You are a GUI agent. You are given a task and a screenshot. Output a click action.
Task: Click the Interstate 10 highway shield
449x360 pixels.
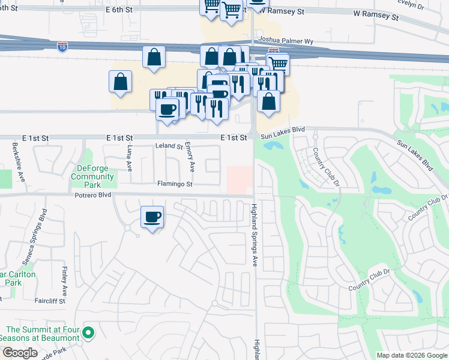[62, 47]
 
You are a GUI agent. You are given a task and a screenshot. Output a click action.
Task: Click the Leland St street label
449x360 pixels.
[169, 146]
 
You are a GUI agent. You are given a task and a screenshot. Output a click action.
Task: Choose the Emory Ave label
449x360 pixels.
[189, 155]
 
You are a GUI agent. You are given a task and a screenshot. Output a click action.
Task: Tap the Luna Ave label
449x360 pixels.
[129, 158]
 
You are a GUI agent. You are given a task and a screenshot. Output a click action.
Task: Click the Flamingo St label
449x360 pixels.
[175, 184]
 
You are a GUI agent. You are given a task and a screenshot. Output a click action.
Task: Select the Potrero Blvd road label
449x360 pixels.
[93, 196]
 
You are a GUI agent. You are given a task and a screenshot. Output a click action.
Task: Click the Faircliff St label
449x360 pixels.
[50, 300]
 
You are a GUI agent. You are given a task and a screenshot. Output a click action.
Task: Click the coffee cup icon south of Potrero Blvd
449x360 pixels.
[152, 216]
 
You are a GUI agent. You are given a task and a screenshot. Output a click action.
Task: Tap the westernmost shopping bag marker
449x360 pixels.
[120, 81]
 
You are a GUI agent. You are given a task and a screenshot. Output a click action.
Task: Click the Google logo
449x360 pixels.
[20, 353]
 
